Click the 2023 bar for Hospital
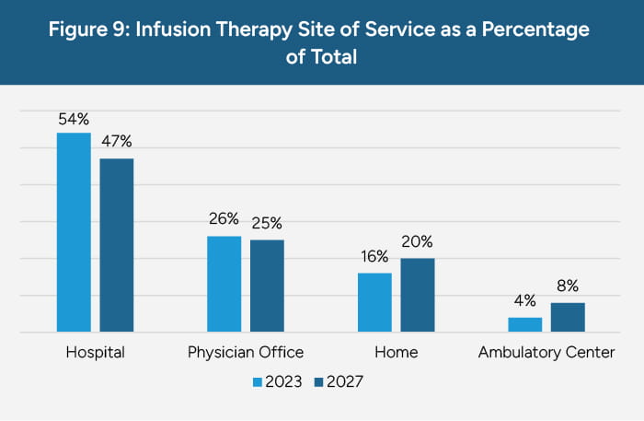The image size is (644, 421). (74, 232)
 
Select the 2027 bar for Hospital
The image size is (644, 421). (117, 245)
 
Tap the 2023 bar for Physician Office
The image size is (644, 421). (224, 284)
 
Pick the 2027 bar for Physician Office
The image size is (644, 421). (267, 286)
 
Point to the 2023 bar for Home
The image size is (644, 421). (374, 302)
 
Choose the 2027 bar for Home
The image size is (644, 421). (417, 295)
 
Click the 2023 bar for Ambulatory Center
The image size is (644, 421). (524, 324)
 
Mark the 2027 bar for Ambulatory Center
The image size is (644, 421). (568, 317)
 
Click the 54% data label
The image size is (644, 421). (74, 119)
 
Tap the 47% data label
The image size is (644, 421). (117, 141)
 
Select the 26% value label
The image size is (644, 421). (224, 219)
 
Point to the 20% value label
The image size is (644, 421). (417, 242)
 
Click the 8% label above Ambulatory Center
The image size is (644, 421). (568, 287)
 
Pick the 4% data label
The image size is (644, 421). (524, 300)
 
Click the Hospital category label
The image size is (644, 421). (95, 352)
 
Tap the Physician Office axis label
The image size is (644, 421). (246, 352)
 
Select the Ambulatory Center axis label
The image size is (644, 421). (546, 352)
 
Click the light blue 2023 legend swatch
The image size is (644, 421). (258, 380)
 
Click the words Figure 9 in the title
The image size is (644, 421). (101, 29)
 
